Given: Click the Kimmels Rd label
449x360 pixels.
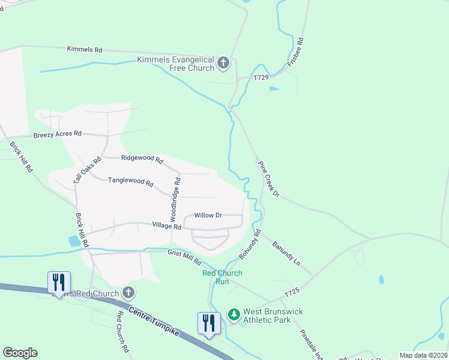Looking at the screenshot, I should click(85, 49).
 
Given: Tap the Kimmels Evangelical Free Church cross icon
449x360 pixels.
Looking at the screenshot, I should click(223, 63).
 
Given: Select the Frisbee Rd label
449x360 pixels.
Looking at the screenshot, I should click(297, 53).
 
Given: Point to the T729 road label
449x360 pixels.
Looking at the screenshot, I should click(261, 78).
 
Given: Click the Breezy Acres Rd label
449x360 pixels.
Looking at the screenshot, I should click(57, 134).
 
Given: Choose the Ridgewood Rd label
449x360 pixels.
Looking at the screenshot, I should click(142, 159).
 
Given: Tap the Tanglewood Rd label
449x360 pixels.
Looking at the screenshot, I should click(130, 181).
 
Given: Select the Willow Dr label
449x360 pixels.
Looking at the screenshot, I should click(208, 215).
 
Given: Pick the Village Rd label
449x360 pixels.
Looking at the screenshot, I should click(166, 227).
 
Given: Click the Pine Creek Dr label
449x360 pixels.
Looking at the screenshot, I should click(268, 178).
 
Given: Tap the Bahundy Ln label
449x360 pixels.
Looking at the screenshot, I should click(286, 254).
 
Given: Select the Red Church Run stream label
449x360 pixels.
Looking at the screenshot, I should click(222, 277).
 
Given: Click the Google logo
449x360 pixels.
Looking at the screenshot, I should click(20, 353).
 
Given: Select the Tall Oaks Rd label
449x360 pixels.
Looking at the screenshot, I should click(84, 170).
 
